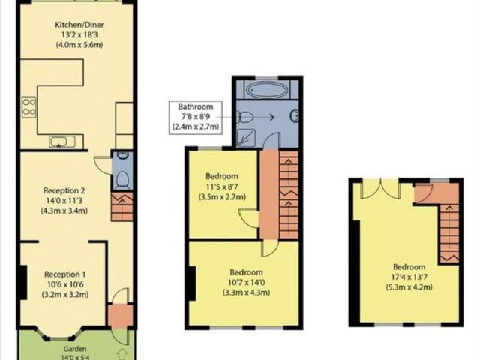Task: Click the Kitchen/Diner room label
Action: point(77,23)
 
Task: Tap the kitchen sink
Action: point(59,141)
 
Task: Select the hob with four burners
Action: point(28,106)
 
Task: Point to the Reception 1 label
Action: point(64,274)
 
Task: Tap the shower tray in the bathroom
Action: point(245,136)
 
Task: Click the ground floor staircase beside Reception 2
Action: point(122,206)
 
